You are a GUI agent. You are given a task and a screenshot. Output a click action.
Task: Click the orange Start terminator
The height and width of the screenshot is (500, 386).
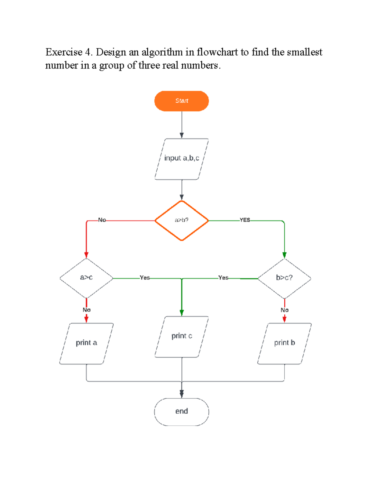coord(181,101)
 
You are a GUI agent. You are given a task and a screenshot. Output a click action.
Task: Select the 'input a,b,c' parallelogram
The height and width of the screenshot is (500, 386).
coord(181,159)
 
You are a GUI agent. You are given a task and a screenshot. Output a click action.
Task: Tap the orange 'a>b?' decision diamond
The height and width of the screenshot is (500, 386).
coord(181,221)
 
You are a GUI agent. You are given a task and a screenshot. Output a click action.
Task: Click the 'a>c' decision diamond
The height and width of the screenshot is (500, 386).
coord(86,278)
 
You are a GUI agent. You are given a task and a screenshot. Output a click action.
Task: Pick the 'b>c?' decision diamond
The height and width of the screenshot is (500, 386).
coord(284,278)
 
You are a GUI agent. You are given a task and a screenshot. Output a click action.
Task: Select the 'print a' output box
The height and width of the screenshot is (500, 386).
coord(86,343)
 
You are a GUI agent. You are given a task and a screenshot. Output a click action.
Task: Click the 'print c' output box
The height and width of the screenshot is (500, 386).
coord(181,337)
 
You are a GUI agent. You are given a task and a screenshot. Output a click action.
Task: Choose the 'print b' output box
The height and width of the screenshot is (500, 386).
coord(284,343)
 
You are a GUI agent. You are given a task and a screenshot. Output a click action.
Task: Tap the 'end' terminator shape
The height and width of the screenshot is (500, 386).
coord(181,412)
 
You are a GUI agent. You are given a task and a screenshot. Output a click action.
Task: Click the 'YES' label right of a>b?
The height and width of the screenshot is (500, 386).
coord(245,220)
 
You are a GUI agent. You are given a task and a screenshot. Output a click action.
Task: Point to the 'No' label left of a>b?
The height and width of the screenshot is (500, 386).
coord(102,220)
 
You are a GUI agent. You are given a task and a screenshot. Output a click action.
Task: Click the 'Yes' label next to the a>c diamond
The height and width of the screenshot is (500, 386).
coord(145,278)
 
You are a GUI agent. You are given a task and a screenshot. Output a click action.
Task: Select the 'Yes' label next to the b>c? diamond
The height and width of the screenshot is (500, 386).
coord(223,278)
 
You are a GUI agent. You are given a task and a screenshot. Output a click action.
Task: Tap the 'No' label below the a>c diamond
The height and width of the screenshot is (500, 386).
coord(87,310)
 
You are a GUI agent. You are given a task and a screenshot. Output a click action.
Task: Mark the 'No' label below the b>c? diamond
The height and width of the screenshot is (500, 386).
coord(285,310)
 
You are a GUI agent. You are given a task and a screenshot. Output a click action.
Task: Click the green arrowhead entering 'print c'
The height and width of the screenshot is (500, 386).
coord(182,313)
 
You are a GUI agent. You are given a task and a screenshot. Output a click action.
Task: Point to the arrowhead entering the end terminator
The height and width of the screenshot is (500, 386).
coord(182,394)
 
